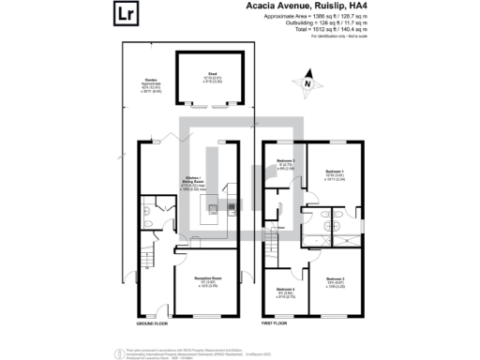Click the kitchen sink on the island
[x=213, y=208]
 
